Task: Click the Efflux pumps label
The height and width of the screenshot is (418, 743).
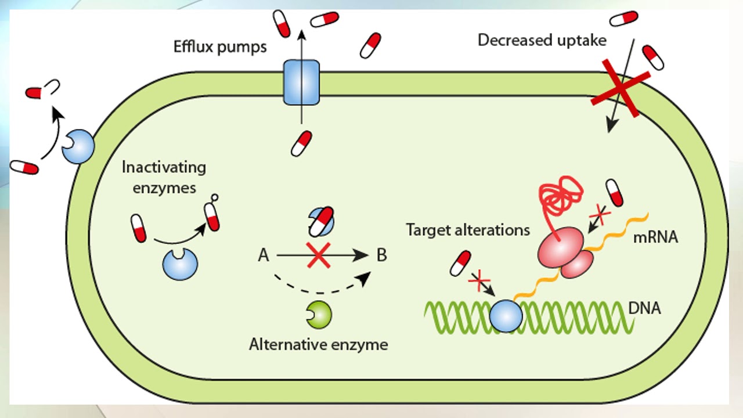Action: (x=220, y=46)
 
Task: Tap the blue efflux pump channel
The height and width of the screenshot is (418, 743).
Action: (x=301, y=82)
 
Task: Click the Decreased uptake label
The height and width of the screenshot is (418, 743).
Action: (x=542, y=40)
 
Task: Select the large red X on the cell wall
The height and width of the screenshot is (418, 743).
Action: (x=620, y=88)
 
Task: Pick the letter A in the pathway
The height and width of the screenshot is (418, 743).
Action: (x=264, y=255)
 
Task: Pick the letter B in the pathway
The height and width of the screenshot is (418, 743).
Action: (x=381, y=255)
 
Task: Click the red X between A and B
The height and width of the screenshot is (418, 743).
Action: (x=319, y=255)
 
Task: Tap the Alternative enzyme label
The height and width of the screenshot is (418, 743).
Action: (x=318, y=344)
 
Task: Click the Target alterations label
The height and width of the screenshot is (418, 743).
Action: (x=468, y=230)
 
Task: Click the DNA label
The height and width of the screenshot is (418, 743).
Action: (x=645, y=308)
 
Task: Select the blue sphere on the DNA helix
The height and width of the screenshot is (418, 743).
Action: (x=506, y=316)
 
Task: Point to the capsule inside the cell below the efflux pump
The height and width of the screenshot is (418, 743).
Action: (x=301, y=143)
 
